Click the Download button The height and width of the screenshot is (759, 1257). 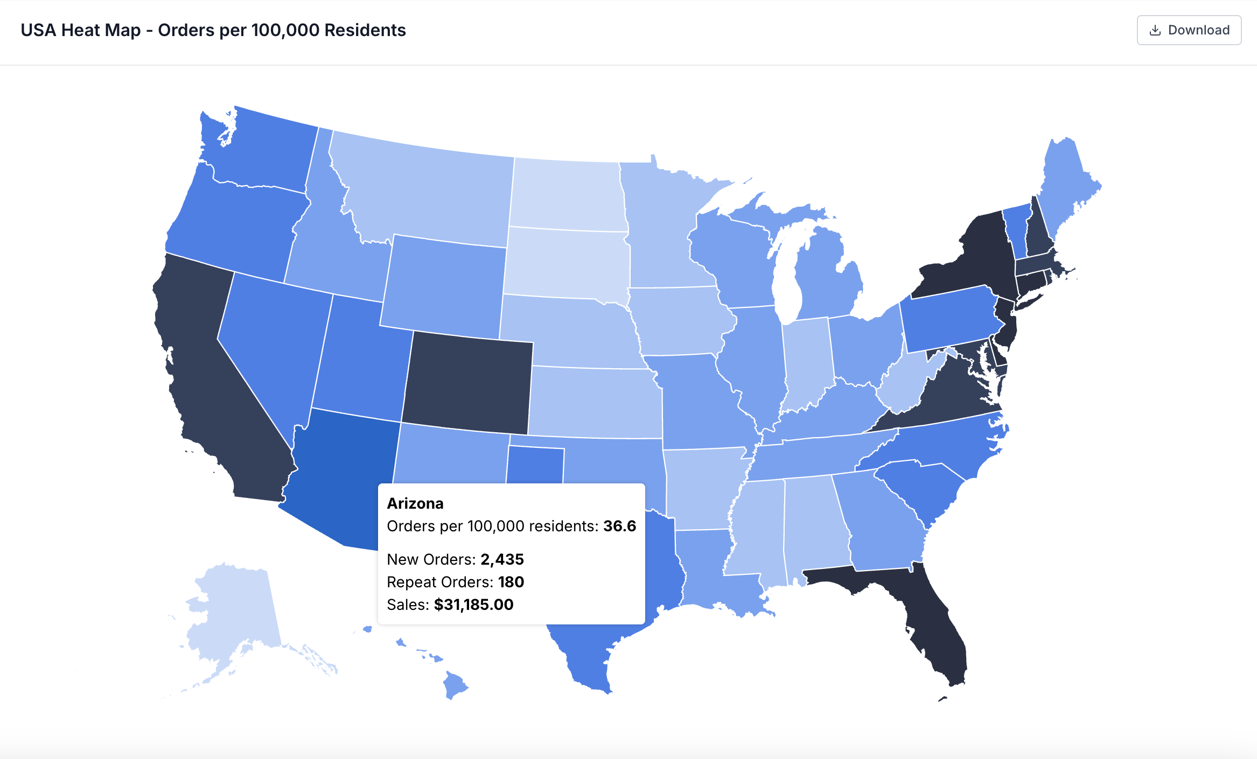click(1189, 30)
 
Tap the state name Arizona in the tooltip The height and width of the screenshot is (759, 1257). click(415, 503)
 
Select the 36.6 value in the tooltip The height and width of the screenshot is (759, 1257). click(619, 526)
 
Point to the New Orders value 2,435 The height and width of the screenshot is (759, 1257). click(502, 559)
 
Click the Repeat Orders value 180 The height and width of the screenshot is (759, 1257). click(511, 582)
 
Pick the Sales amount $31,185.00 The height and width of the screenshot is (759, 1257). click(473, 605)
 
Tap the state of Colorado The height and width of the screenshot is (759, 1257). click(467, 383)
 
